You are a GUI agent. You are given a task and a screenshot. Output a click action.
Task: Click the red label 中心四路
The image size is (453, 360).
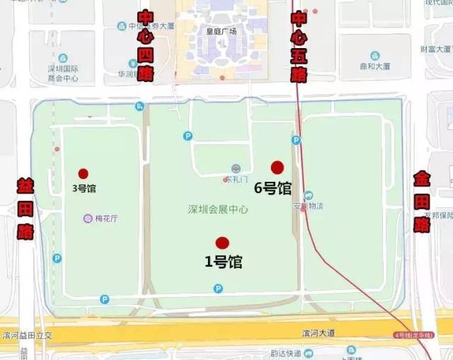(x=145, y=46)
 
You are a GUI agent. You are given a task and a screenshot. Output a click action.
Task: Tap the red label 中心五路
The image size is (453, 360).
(x=299, y=46)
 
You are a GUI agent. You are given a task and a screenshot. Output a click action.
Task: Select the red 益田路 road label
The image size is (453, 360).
(x=25, y=209)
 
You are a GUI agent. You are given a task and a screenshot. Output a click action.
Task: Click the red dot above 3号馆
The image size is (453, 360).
(x=84, y=173)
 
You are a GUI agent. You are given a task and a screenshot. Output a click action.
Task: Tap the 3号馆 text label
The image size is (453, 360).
(x=84, y=189)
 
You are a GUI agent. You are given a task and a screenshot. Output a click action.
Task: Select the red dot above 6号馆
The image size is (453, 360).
(x=277, y=168)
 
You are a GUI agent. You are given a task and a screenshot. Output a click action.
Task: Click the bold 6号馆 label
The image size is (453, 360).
(x=273, y=188)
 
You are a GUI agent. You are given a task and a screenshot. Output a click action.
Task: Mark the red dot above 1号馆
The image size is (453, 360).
(x=222, y=243)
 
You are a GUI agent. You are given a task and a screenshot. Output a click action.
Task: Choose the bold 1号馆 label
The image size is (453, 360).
(x=224, y=262)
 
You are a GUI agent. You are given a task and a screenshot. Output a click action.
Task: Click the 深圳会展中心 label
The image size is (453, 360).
(x=218, y=209)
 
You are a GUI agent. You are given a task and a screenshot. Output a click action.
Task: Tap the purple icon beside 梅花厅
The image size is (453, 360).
(x=88, y=218)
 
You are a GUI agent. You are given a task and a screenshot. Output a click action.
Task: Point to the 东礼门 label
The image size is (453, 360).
(x=237, y=179)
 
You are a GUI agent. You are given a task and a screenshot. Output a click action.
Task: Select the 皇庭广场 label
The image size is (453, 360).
(x=220, y=31)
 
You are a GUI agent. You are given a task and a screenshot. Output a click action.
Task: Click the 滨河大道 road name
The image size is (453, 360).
(x=316, y=333)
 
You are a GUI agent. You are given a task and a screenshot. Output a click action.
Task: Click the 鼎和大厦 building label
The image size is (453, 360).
(x=375, y=66)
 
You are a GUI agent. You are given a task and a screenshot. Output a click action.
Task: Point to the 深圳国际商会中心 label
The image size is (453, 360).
(x=62, y=74)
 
